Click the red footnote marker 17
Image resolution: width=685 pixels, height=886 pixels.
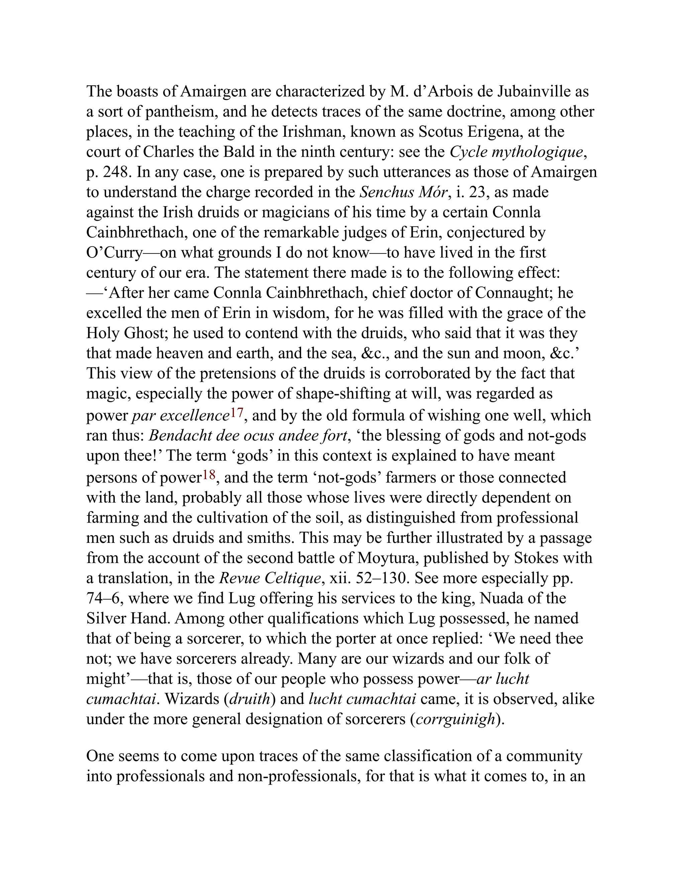pos(237,413)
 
